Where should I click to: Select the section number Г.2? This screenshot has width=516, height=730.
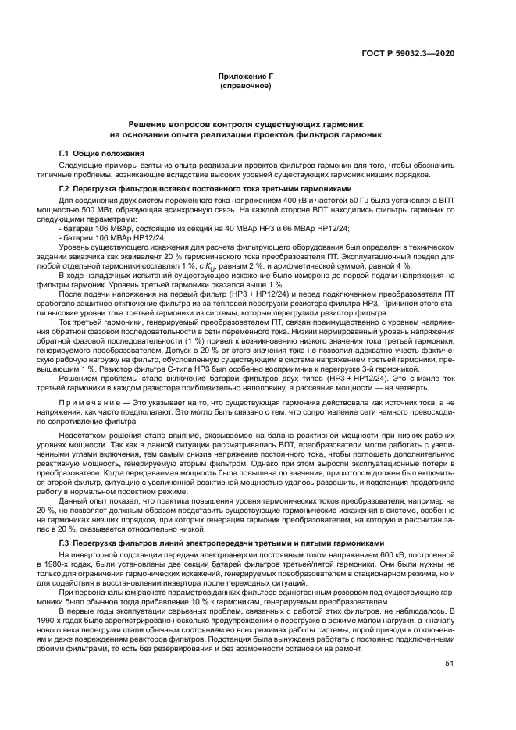pos(66,190)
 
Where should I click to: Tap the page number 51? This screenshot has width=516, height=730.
pos(449,664)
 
